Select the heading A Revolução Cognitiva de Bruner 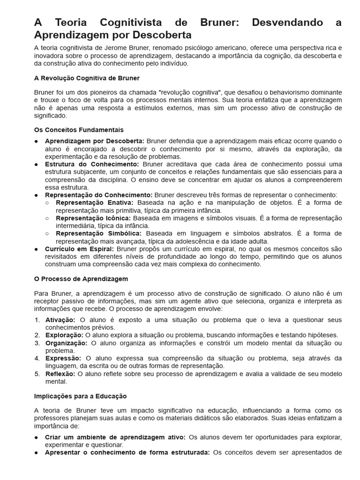(87, 78)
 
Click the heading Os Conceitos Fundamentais (79, 130)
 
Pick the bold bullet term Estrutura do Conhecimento (92, 165)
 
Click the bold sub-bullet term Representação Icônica (93, 218)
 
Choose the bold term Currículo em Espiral (79, 249)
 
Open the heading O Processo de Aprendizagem (81, 279)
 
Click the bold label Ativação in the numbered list (60, 320)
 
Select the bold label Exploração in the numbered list (64, 335)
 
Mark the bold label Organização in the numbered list (66, 343)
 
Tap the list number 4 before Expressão (37, 359)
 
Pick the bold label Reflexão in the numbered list (60, 374)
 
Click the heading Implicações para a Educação (81, 396)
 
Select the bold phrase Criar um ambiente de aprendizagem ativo (115, 437)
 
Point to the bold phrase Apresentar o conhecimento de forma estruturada (127, 453)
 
